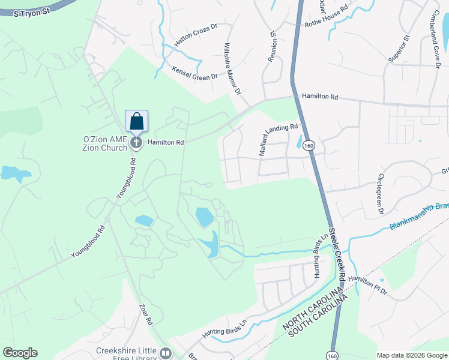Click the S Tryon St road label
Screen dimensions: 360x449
point(31,11)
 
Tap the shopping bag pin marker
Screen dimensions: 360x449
point(137,121)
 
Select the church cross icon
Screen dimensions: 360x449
point(137,142)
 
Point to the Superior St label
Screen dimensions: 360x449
point(399,48)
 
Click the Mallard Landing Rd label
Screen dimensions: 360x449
point(279,140)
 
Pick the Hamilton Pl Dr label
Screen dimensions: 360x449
point(368,280)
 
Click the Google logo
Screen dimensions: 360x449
point(20,353)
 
